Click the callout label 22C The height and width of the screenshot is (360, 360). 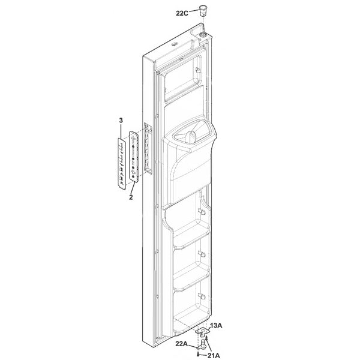(x=182, y=13)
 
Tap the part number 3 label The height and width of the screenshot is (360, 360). (x=121, y=120)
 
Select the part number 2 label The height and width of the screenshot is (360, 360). (x=131, y=197)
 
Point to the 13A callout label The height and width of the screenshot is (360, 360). (x=216, y=325)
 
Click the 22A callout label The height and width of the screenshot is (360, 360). (x=182, y=344)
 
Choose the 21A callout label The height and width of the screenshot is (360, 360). (x=214, y=356)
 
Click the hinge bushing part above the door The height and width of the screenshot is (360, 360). (x=202, y=10)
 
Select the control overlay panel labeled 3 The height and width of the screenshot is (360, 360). (x=122, y=164)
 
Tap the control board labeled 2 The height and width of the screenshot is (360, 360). (x=134, y=157)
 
